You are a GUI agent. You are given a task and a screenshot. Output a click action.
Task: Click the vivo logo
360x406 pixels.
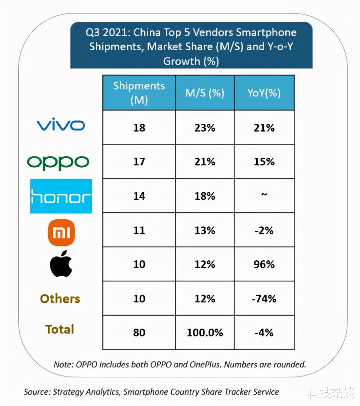click(61, 125)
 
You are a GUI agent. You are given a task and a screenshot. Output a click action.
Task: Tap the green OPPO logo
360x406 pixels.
click(58, 162)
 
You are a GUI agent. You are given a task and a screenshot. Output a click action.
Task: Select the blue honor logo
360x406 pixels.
click(61, 196)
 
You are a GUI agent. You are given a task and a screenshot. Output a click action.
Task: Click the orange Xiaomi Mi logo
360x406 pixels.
click(61, 232)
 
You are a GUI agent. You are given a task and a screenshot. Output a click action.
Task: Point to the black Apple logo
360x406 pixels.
click(61, 264)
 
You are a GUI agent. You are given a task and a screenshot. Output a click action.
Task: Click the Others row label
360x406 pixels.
click(60, 298)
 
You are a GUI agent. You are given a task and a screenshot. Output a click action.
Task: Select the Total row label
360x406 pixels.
click(60, 329)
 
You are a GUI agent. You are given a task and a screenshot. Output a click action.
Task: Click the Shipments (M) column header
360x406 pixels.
click(139, 93)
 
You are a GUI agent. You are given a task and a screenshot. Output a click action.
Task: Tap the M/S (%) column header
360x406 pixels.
click(205, 93)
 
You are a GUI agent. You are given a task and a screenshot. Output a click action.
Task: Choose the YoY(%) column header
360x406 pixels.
click(264, 93)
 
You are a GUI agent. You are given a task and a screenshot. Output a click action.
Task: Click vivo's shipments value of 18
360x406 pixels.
click(139, 128)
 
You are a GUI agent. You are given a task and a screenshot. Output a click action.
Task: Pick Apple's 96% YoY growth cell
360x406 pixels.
click(264, 264)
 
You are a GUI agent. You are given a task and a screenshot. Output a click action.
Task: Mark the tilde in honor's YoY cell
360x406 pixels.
click(264, 195)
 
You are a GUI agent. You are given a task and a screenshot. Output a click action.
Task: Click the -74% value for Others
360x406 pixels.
click(264, 298)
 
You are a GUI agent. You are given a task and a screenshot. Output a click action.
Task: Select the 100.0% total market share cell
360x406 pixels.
click(205, 332)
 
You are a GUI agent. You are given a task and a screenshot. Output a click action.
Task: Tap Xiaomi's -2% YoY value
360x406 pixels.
click(264, 230)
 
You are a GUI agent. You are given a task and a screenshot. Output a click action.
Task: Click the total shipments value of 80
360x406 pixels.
click(139, 332)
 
